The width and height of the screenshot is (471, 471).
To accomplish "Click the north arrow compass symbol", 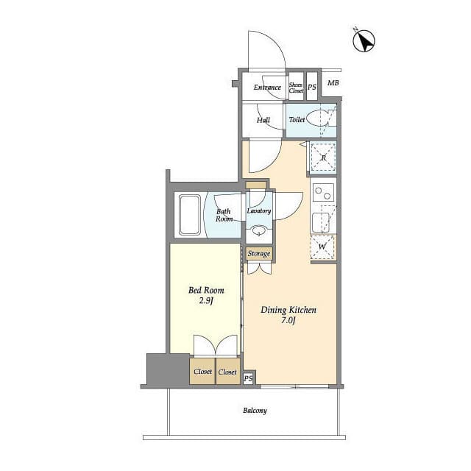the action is (364, 40).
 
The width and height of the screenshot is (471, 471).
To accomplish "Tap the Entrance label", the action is (267, 88).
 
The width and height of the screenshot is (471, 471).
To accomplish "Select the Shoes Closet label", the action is (296, 88).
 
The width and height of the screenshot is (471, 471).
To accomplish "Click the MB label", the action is (333, 82).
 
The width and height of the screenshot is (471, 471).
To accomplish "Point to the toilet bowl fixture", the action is (319, 118).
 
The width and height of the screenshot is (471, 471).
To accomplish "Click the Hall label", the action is (263, 120).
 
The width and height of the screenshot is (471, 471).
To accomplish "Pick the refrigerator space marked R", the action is (323, 157).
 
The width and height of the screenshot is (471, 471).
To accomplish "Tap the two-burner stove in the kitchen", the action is (323, 193).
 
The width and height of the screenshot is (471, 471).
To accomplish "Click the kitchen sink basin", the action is (321, 222).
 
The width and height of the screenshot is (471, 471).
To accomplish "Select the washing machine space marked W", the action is (322, 247).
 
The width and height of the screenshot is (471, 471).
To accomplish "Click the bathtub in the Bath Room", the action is (190, 215).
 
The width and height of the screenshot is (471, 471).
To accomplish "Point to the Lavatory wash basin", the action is (258, 231).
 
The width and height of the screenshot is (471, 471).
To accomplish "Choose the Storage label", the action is (259, 254).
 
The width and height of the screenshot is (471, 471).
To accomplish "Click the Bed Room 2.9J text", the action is (206, 295).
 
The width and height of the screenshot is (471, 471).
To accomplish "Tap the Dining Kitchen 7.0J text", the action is (288, 315).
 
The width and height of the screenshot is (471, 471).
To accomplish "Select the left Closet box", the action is (202, 371).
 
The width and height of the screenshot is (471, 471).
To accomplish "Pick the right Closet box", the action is (228, 371).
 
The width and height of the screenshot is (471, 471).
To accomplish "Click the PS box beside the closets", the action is (249, 378).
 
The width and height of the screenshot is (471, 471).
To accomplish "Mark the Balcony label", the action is (255, 411).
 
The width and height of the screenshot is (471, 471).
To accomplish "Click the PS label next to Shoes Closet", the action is (312, 87).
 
